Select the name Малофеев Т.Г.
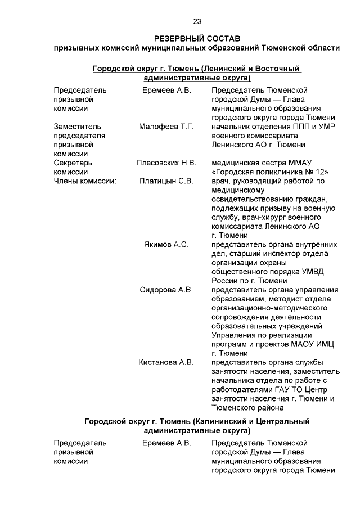pyautogui.click(x=166, y=127)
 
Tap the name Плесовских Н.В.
pyautogui.click(x=166, y=163)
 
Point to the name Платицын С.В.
pyautogui.click(x=166, y=181)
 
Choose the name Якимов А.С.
pyautogui.click(x=166, y=245)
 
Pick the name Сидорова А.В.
pyautogui.click(x=166, y=290)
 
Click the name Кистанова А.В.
pyautogui.click(x=166, y=362)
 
